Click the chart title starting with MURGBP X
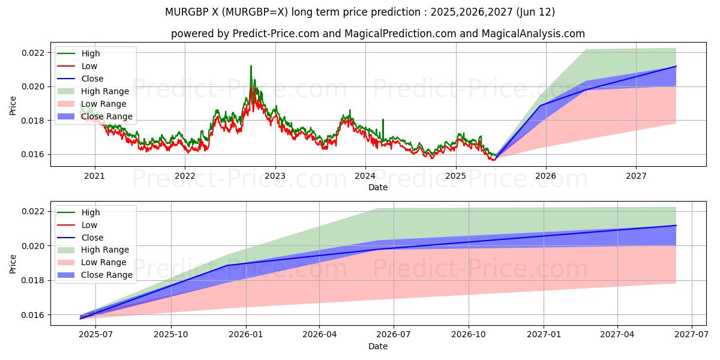pyautogui.click(x=359, y=12)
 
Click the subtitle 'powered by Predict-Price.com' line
pyautogui.click(x=377, y=34)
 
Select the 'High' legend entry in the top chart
pyautogui.click(x=91, y=53)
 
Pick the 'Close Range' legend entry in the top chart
pyautogui.click(x=106, y=116)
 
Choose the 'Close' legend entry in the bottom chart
pyautogui.click(x=92, y=238)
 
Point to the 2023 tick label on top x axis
pyautogui.click(x=275, y=176)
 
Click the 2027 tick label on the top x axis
pyautogui.click(x=636, y=176)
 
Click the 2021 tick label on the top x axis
pyautogui.click(x=94, y=176)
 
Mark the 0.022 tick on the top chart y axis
pyautogui.click(x=33, y=53)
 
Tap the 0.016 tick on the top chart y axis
pyautogui.click(x=33, y=154)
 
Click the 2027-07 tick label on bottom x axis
pyautogui.click(x=692, y=335)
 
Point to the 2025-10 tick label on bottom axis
pyautogui.click(x=171, y=335)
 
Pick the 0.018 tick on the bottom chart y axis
pyautogui.click(x=33, y=280)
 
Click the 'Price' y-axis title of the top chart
pyautogui.click(x=13, y=106)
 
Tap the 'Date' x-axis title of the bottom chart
pyautogui.click(x=377, y=346)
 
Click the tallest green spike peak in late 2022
pyautogui.click(x=251, y=66)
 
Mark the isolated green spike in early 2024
pyautogui.click(x=383, y=119)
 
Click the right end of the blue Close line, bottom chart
pyautogui.click(x=676, y=226)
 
